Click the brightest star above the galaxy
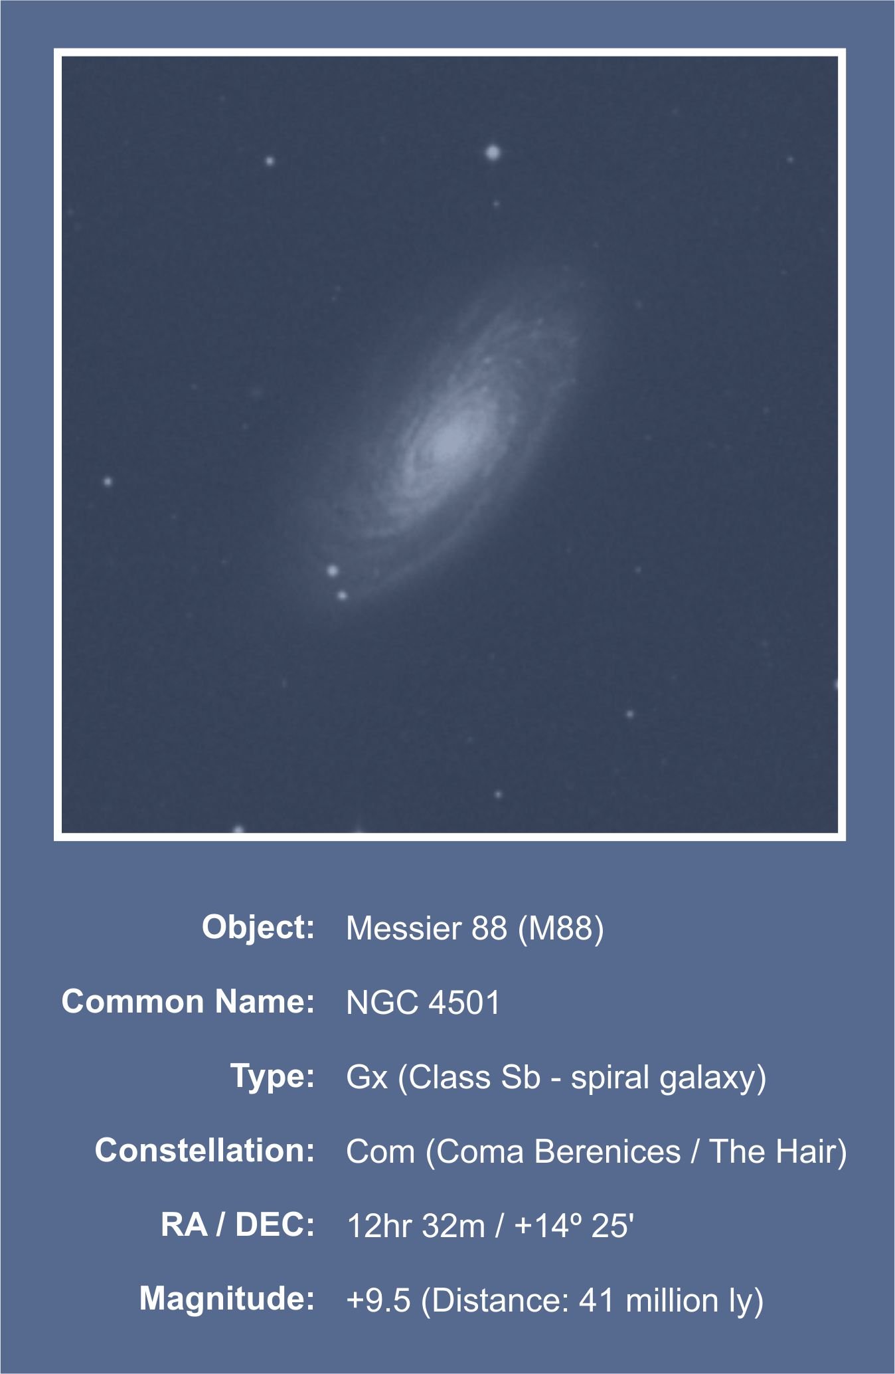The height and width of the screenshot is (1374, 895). [x=493, y=153]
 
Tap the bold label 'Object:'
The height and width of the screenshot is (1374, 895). [x=258, y=927]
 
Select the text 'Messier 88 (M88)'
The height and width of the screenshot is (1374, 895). [x=475, y=928]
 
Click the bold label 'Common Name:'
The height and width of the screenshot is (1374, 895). [x=188, y=1001]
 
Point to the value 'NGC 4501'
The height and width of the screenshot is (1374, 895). [x=423, y=1003]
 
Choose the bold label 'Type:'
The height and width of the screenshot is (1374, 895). [x=272, y=1076]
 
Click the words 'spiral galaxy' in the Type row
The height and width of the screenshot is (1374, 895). [x=663, y=1077]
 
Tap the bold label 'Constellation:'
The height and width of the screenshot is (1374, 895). [x=204, y=1150]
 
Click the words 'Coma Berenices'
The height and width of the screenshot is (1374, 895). [x=559, y=1151]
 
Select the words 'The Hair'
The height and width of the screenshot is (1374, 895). [x=772, y=1151]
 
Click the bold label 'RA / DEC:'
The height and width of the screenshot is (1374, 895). [x=238, y=1225]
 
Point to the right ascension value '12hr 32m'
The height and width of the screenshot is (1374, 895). [x=416, y=1226]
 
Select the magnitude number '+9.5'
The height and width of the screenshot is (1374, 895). [x=378, y=1300]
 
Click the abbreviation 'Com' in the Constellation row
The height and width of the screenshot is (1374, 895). [x=380, y=1151]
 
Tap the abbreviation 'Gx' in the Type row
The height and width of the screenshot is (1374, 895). [x=366, y=1077]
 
